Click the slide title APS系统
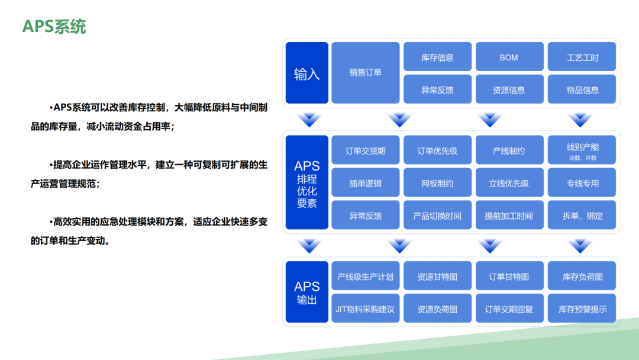pyautogui.click(x=54, y=27)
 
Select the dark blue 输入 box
pyautogui.click(x=306, y=73)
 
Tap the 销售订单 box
pyautogui.click(x=366, y=73)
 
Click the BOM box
pyautogui.click(x=509, y=57)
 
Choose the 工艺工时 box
pyautogui.click(x=582, y=57)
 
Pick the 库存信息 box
pyautogui.click(x=437, y=57)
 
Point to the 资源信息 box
pyautogui.click(x=509, y=90)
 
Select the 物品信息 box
pyautogui.click(x=582, y=90)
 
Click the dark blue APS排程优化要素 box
pyautogui.click(x=306, y=183)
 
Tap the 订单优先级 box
pyautogui.click(x=437, y=150)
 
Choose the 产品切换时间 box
pyautogui.click(x=437, y=216)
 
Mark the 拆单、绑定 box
pyautogui.click(x=582, y=216)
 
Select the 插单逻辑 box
pyautogui.click(x=366, y=183)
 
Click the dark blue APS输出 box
pyautogui.click(x=306, y=292)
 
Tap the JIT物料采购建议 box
pyautogui.click(x=366, y=309)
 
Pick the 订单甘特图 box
pyautogui.click(x=509, y=277)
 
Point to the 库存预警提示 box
pyautogui.click(x=582, y=309)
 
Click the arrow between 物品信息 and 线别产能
pyautogui.click(x=580, y=120)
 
